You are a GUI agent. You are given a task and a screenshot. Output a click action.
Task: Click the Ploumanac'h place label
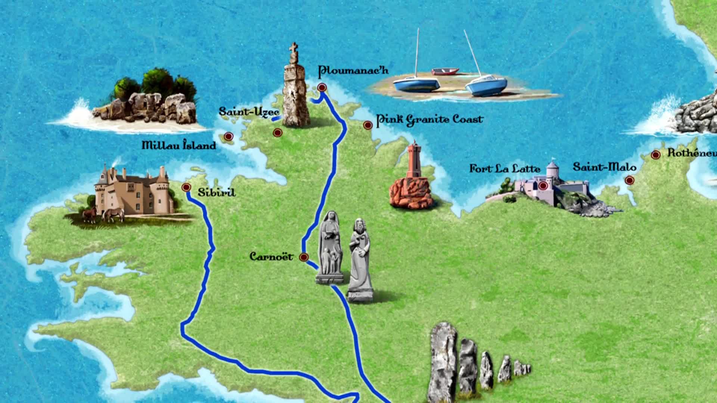pos(353,70)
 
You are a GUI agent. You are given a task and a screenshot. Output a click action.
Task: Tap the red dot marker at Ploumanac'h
pos(322,87)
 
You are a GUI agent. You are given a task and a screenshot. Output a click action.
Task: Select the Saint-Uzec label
pos(249,112)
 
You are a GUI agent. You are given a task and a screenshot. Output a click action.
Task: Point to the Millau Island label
pos(179,145)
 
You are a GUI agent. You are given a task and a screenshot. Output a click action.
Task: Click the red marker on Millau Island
pos(229,137)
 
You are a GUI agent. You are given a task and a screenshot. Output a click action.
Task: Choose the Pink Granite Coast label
pos(429,119)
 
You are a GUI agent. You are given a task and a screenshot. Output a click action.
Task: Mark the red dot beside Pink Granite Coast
pos(368,125)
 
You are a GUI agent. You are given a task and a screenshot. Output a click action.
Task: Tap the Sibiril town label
pos(217,193)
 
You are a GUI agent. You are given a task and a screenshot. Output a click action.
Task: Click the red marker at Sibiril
pos(186,187)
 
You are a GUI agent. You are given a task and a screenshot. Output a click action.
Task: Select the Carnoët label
pos(271,257)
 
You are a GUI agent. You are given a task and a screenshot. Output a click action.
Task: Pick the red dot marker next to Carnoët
pos(304,257)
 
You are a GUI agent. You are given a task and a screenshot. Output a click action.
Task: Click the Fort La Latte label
pos(505,169)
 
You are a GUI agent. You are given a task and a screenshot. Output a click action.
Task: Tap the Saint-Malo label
pos(604,166)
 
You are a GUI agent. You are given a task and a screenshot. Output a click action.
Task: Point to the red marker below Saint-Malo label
pos(630,181)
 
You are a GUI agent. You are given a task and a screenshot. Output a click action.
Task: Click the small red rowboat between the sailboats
pos(445,71)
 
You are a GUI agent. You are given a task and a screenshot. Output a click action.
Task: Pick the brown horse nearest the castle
pos(113,215)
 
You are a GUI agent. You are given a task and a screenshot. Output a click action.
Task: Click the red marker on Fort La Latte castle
pos(543,185)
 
